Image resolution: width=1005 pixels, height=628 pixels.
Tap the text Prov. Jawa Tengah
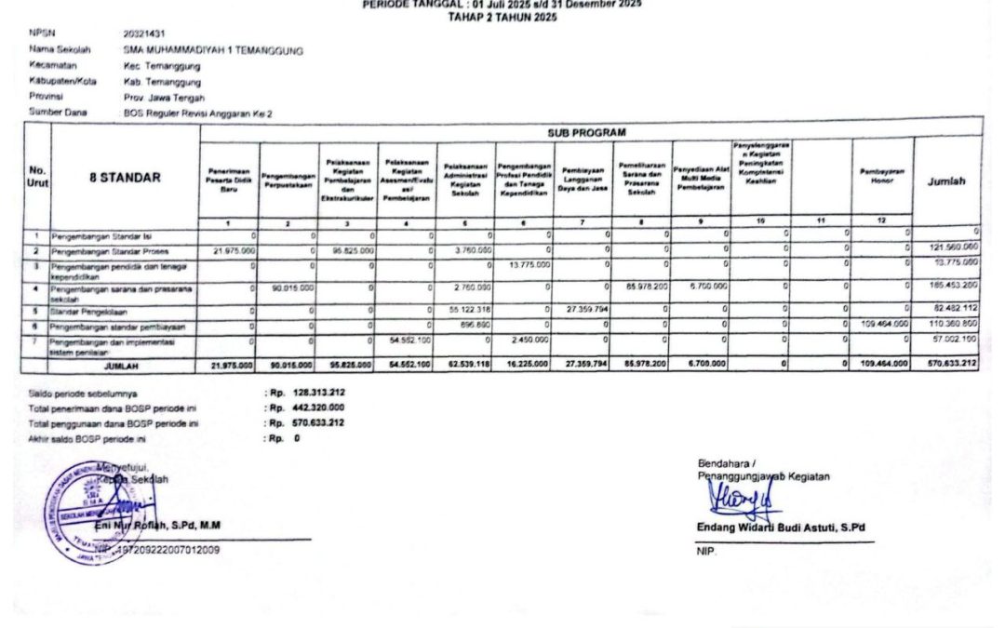pos(164,98)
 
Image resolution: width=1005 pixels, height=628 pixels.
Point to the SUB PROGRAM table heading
pos(587,132)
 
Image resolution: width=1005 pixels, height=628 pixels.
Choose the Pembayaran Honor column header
pos(882,177)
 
